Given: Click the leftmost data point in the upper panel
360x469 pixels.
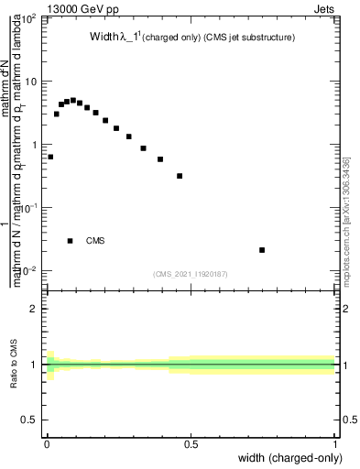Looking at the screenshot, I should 50,157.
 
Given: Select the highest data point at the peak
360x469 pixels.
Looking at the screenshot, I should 73,100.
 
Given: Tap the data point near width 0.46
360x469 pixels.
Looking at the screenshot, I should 180,176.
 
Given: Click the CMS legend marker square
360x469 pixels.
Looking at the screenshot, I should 71,241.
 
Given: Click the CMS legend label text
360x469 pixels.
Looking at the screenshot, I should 95,241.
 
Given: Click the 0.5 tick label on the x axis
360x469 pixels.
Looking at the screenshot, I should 191,445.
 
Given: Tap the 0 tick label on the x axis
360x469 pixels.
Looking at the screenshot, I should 46,445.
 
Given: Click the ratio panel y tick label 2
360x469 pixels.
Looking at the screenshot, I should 36,309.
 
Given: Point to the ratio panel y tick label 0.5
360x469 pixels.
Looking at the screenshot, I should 32,420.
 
